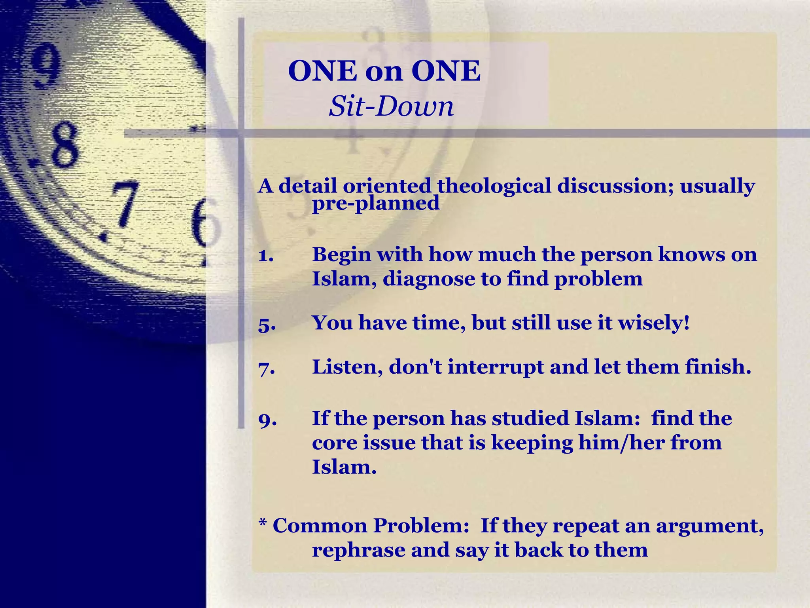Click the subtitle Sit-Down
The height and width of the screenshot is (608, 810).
coord(391,106)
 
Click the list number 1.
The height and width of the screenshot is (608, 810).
coord(266,255)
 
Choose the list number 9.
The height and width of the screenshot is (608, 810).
coord(267,420)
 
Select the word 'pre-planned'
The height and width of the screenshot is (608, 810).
coord(376,203)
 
